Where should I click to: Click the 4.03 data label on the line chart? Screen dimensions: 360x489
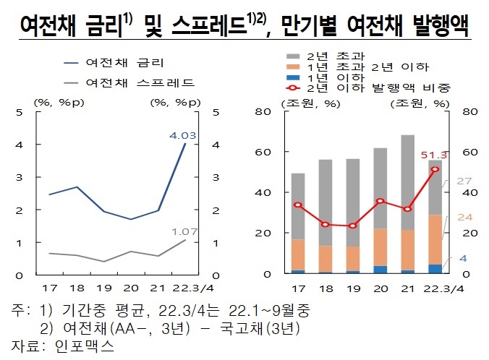182,134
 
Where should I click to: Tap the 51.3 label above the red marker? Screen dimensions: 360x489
433,155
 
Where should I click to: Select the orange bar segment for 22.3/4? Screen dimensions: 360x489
435,239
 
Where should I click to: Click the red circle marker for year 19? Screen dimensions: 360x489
352,226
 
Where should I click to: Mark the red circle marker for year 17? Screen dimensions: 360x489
297,205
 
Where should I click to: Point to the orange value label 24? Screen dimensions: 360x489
466,217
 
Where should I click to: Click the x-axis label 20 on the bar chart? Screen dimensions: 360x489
380,288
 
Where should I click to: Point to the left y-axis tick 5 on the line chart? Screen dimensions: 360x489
19,112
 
